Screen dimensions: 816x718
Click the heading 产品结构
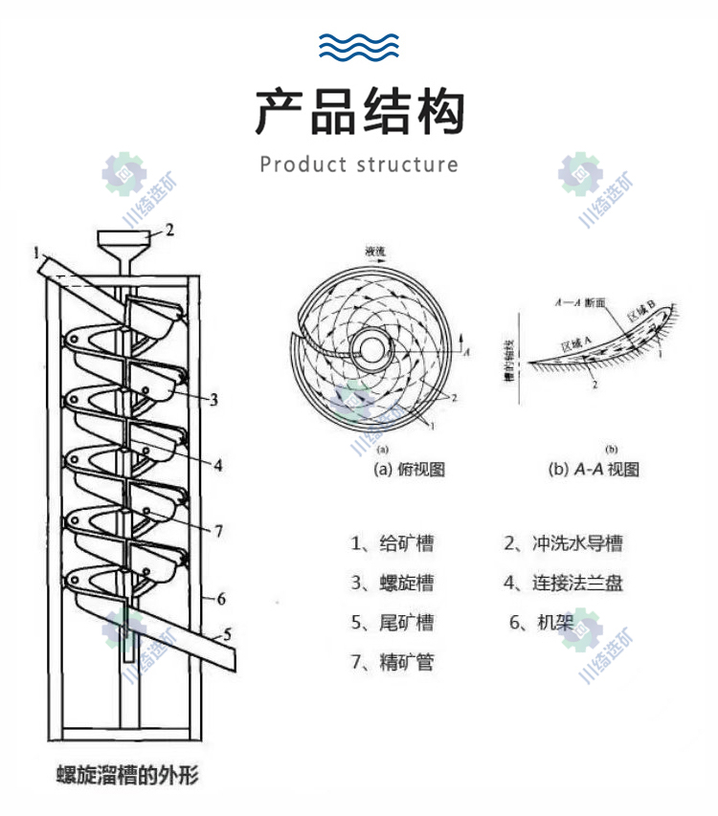pyautogui.click(x=359, y=112)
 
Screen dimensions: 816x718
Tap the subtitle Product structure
pyautogui.click(x=359, y=165)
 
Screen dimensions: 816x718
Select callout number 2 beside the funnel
pyautogui.click(x=169, y=230)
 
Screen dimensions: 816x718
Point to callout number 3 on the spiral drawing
pyautogui.click(x=214, y=399)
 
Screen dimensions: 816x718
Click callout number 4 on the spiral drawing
pyautogui.click(x=218, y=466)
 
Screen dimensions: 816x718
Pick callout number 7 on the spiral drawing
pyautogui.click(x=218, y=530)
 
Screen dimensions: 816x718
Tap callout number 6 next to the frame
pyautogui.click(x=221, y=599)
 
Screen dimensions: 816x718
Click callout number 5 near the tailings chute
pyautogui.click(x=227, y=632)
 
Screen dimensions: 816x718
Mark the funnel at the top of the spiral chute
pyautogui.click(x=123, y=248)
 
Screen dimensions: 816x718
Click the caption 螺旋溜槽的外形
pyautogui.click(x=127, y=774)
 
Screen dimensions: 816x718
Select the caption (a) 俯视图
pyautogui.click(x=409, y=470)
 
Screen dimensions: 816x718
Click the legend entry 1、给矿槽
pyautogui.click(x=392, y=543)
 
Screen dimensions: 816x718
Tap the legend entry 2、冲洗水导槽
pyautogui.click(x=564, y=543)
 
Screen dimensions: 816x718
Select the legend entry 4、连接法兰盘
pyautogui.click(x=564, y=582)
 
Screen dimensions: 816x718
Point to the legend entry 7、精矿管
pyautogui.click(x=392, y=660)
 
